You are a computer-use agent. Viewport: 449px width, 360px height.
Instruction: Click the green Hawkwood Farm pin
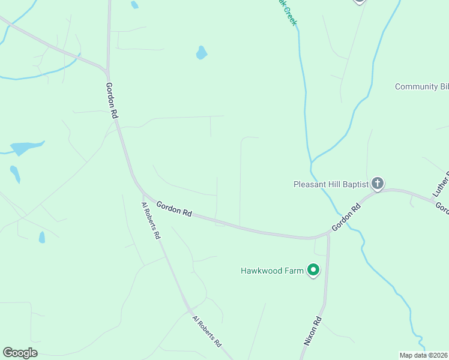click(313, 271)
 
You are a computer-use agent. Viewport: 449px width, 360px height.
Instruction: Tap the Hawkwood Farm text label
click(272, 271)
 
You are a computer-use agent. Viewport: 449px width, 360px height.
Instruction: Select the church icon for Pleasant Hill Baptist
click(377, 184)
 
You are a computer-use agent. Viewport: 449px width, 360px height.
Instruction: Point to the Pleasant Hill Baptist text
click(330, 184)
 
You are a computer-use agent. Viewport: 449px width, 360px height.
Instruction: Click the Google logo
click(20, 353)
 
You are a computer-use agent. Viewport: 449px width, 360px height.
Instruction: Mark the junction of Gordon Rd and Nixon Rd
click(328, 233)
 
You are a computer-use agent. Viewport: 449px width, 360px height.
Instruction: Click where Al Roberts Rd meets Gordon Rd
click(143, 195)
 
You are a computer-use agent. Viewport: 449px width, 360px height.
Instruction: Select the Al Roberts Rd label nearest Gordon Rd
click(151, 221)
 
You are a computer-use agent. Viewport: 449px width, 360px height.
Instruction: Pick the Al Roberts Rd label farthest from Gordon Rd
click(207, 332)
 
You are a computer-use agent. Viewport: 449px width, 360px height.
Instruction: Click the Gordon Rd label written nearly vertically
click(111, 100)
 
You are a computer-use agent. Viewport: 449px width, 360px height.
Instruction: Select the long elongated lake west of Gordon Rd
click(26, 148)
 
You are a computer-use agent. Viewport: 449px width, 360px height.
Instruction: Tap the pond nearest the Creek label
click(201, 53)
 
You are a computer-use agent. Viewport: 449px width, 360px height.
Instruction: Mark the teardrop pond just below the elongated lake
click(15, 174)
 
